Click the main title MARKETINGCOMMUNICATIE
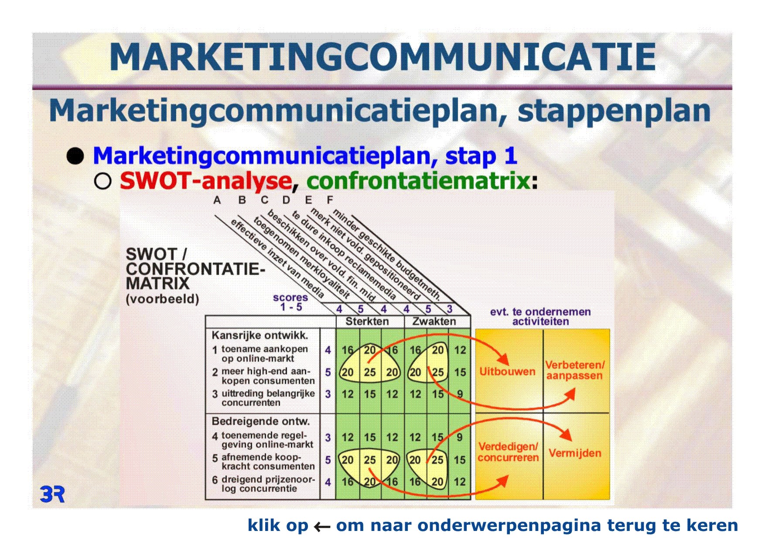click(x=382, y=57)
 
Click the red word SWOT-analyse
click(x=205, y=180)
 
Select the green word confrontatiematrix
click(x=418, y=180)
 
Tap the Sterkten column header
click(x=367, y=321)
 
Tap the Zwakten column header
click(x=434, y=321)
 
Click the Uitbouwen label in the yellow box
click(x=507, y=372)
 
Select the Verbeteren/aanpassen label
click(x=575, y=370)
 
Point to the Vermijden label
click(x=575, y=453)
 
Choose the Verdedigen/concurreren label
click(x=508, y=452)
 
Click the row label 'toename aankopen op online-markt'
click(x=264, y=354)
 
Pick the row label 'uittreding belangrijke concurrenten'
click(x=268, y=398)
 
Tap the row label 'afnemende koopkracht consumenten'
click(x=268, y=462)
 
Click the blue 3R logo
click(x=52, y=494)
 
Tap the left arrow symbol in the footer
click(x=322, y=527)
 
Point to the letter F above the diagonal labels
click(x=330, y=200)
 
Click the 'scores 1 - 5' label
click(x=290, y=302)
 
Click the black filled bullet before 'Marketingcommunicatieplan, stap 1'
click(x=75, y=156)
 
